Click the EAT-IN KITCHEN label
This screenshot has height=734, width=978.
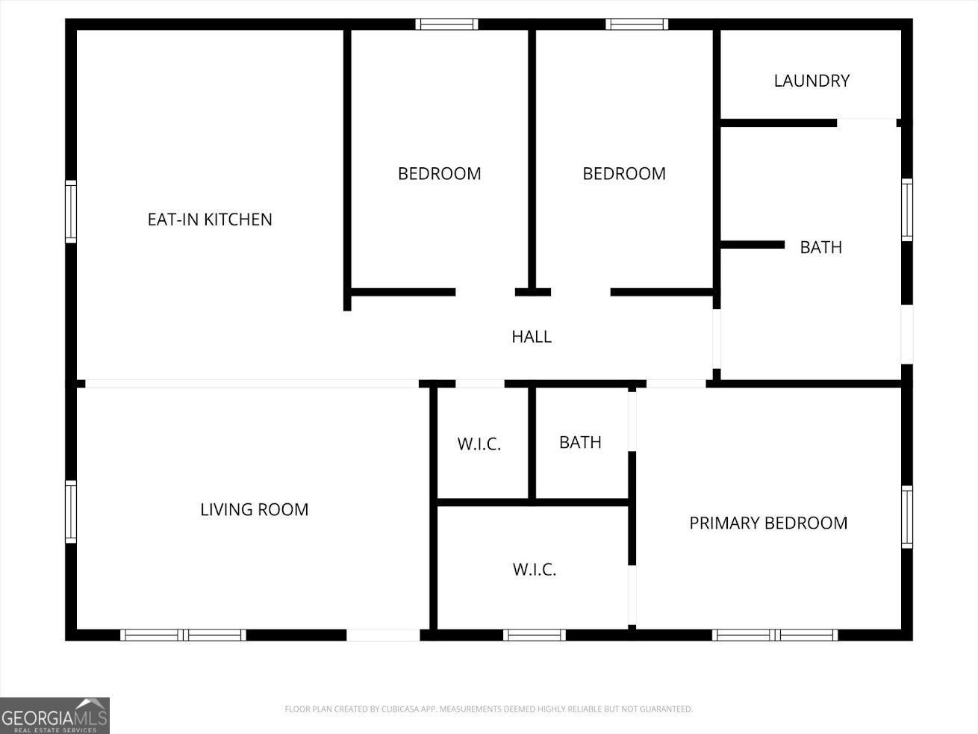210,220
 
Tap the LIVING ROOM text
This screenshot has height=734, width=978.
254,509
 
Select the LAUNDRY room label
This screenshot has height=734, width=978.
812,81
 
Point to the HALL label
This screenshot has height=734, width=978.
532,337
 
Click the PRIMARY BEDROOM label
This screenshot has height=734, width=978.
768,523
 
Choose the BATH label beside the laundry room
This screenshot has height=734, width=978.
820,247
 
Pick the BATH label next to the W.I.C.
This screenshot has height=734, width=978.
580,442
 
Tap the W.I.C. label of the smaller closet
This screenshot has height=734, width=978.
479,444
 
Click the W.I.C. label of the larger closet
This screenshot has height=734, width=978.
535,570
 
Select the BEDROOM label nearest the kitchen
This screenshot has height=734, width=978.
439,173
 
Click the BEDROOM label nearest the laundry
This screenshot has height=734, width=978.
624,173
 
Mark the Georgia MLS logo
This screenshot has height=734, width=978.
54,715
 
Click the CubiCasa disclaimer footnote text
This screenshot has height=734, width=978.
488,709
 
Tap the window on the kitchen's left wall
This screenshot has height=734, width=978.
71,211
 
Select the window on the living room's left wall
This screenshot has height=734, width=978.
71,511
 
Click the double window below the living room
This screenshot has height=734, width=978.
183,635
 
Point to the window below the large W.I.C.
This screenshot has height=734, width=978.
534,635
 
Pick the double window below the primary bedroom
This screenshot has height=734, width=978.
775,635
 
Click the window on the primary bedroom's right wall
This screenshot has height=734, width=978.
907,517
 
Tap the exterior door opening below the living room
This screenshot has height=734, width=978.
384,635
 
